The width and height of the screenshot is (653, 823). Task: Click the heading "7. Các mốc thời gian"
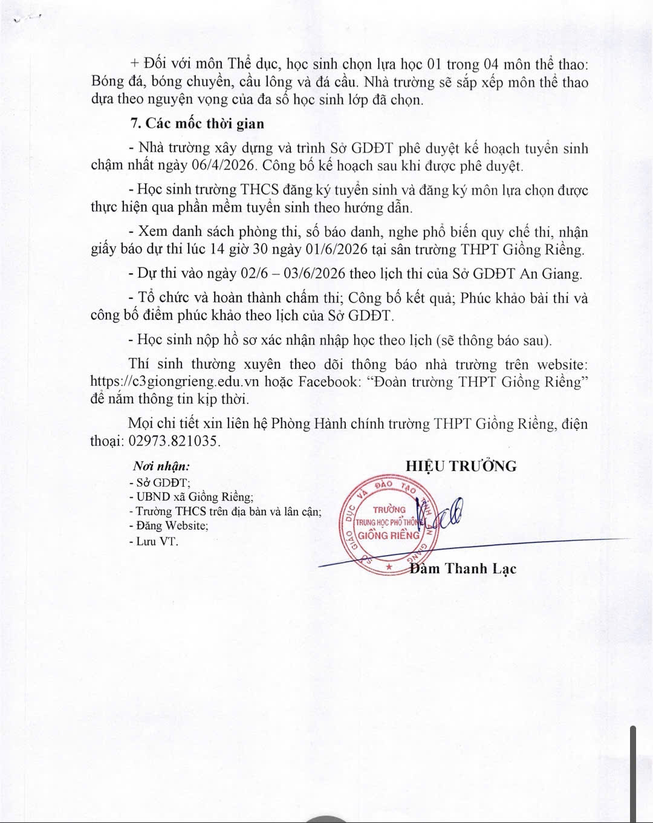(197, 124)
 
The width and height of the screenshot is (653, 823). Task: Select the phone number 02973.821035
(174, 441)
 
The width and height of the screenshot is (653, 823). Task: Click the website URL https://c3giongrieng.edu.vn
(191, 382)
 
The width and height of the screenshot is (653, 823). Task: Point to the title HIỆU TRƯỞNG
(461, 466)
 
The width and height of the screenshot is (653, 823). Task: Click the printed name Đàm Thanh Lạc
(463, 568)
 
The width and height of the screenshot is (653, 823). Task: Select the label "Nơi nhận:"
(161, 466)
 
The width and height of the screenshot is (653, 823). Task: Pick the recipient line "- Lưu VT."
(154, 541)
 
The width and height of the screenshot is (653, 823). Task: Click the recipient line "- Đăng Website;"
(169, 526)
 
